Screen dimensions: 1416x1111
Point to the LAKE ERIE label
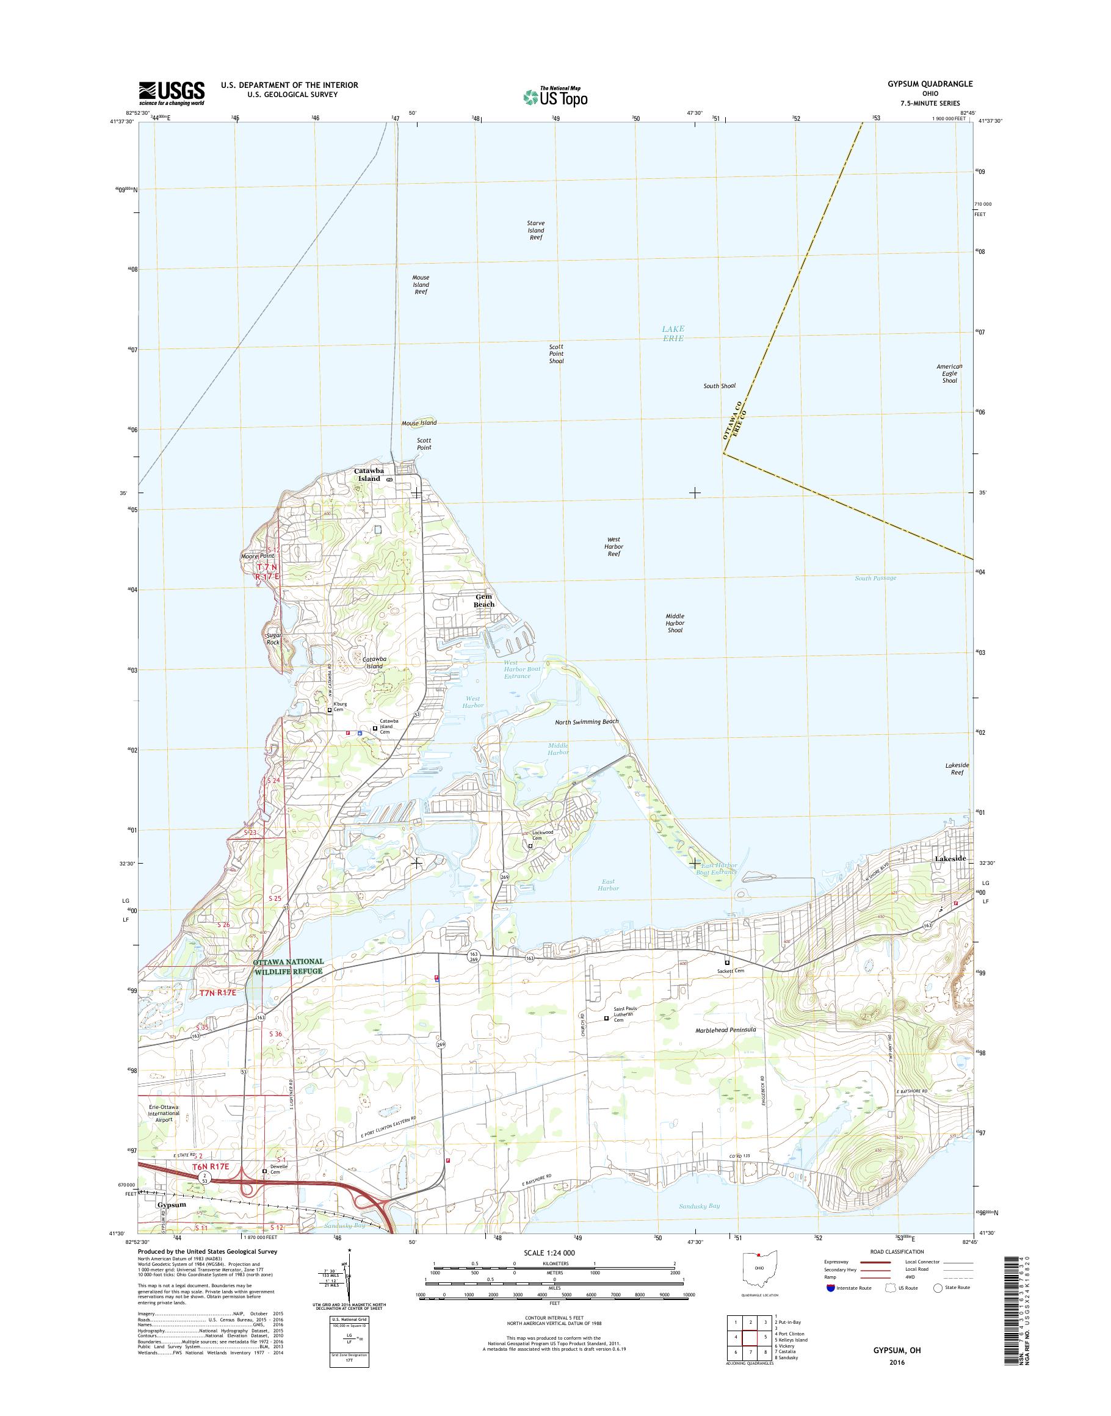click(x=673, y=334)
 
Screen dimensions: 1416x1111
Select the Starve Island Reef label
click(x=536, y=230)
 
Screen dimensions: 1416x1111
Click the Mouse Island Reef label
click(x=421, y=284)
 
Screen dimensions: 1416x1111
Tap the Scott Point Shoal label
click(x=556, y=354)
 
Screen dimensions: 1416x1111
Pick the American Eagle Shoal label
click(x=950, y=374)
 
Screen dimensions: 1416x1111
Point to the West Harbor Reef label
click(x=614, y=546)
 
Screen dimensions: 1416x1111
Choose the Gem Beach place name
click(x=484, y=601)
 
